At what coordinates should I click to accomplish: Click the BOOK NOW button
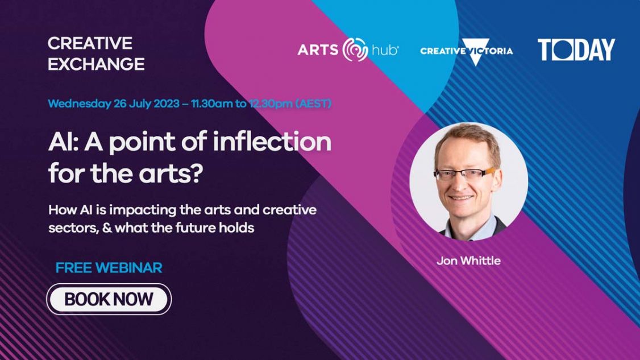click(x=109, y=299)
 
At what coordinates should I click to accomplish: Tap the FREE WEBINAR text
click(x=109, y=268)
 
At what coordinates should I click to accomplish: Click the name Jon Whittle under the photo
click(x=468, y=261)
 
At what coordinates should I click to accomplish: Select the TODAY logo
click(x=576, y=50)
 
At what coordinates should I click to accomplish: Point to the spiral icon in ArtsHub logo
click(x=356, y=50)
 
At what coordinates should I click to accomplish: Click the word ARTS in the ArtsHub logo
click(x=318, y=50)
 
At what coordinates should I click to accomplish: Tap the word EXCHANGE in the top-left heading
click(x=96, y=64)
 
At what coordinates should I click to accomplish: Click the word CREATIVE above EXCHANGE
click(x=90, y=43)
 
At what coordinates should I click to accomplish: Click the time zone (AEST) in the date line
click(x=313, y=104)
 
